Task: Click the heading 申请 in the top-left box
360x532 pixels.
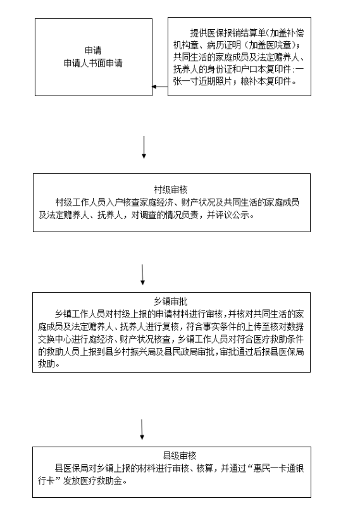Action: pyautogui.click(x=93, y=51)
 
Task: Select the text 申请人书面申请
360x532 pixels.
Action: pyautogui.click(x=93, y=63)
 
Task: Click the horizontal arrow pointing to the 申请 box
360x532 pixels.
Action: pyautogui.click(x=160, y=87)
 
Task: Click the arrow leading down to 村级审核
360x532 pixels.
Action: pyautogui.click(x=144, y=147)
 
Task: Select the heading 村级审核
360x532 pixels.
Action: pyautogui.click(x=171, y=189)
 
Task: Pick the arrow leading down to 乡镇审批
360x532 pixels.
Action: pyautogui.click(x=142, y=275)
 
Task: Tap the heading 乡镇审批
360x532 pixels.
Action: pyautogui.click(x=171, y=301)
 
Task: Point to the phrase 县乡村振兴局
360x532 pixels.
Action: pyautogui.click(x=130, y=352)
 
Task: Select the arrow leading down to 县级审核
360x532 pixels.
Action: pyautogui.click(x=142, y=430)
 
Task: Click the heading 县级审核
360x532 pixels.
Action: pyautogui.click(x=180, y=455)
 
